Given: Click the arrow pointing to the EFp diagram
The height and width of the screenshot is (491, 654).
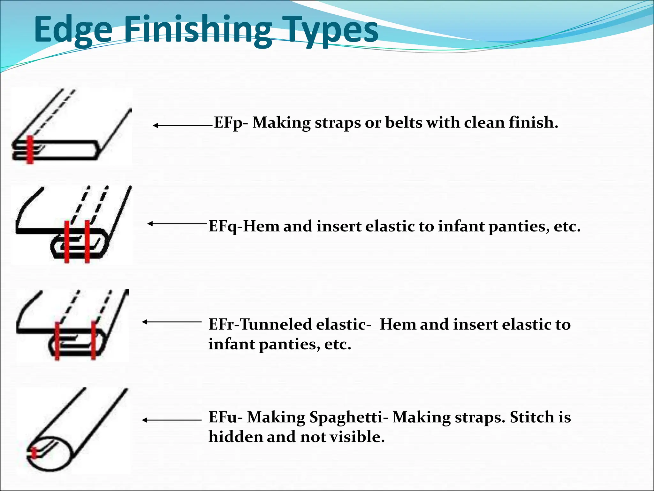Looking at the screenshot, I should [x=182, y=126].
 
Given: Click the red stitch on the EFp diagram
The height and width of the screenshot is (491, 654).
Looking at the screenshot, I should [x=30, y=150].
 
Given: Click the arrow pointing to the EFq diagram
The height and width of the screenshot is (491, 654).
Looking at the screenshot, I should [x=178, y=224].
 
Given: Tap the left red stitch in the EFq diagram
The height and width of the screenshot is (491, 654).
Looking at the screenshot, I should [x=67, y=242].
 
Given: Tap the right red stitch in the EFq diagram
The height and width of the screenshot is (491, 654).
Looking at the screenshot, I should [x=87, y=242].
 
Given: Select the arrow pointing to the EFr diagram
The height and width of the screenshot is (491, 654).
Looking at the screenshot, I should [x=172, y=322].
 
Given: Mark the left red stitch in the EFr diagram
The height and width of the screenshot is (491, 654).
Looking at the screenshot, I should [x=57, y=341].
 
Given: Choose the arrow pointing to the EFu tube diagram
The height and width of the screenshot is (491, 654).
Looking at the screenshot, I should [x=172, y=420].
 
